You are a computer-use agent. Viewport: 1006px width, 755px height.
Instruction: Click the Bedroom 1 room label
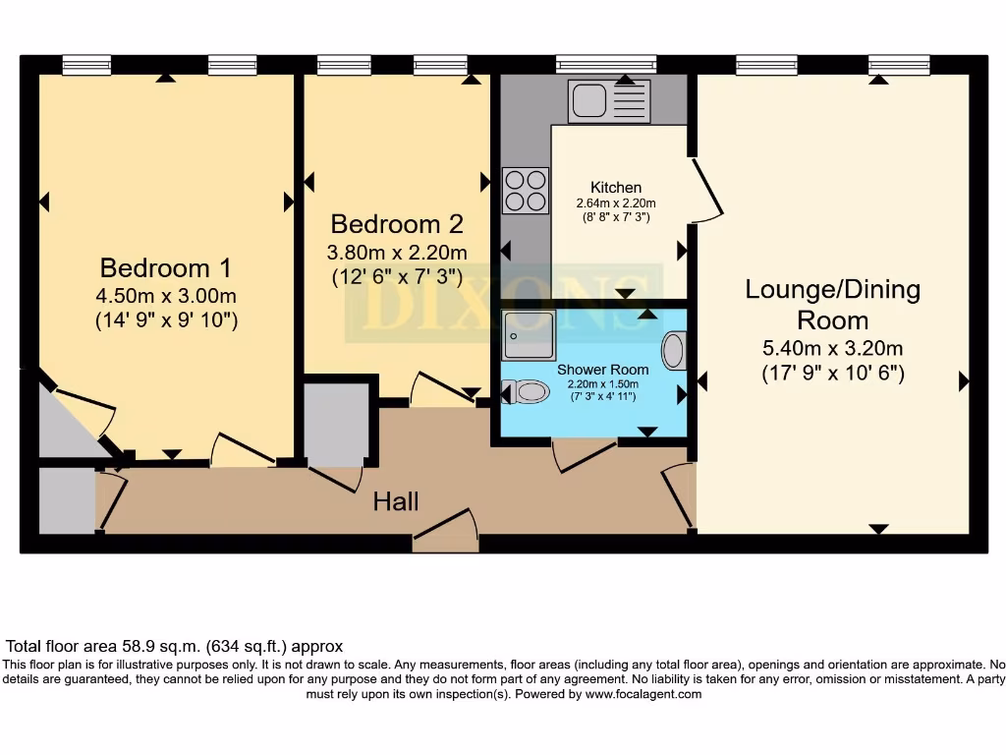click(165, 267)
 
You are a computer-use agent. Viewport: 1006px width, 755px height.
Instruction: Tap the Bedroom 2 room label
click(397, 224)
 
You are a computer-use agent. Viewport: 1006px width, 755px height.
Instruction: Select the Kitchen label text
click(616, 188)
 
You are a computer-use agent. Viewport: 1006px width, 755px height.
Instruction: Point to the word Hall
click(396, 501)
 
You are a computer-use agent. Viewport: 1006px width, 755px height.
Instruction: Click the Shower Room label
click(602, 370)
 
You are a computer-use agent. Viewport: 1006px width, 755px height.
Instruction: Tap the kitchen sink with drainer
click(609, 101)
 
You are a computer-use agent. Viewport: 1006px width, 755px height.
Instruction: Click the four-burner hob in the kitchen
click(526, 190)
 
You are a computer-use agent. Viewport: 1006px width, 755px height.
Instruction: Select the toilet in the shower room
click(526, 391)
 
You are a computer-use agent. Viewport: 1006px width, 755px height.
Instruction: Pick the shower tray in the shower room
click(528, 335)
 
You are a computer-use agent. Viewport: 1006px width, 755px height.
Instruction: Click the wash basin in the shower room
click(674, 351)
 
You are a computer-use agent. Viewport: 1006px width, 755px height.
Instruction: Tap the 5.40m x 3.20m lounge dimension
click(833, 348)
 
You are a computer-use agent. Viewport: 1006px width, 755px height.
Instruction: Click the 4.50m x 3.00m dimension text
click(166, 296)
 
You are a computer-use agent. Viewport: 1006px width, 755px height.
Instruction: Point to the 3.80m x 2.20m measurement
click(397, 253)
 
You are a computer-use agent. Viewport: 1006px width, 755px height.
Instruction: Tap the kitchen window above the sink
click(606, 64)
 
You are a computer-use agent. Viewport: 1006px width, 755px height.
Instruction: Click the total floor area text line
click(175, 646)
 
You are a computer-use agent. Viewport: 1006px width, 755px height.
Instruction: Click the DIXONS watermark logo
click(504, 303)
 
